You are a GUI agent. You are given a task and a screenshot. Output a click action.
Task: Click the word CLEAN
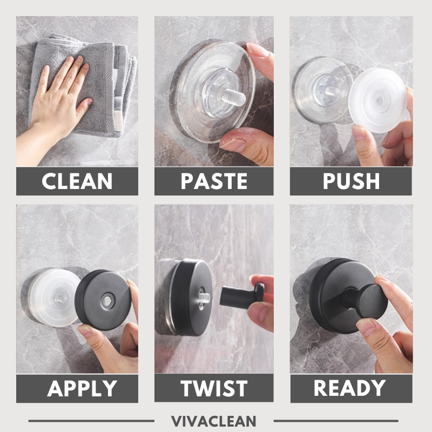[77, 181]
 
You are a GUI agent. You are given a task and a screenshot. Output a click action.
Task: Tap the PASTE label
[214, 181]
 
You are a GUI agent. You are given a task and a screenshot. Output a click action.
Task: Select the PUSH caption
[350, 181]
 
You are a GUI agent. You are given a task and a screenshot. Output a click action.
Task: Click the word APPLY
[77, 388]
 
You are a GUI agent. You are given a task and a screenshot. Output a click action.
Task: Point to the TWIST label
[214, 388]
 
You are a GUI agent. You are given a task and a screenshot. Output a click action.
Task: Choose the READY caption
[350, 388]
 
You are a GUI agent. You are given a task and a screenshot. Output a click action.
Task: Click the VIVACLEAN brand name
[214, 421]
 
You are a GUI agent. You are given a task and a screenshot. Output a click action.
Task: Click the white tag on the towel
[118, 116]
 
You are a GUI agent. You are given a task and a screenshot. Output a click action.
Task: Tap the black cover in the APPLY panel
[103, 300]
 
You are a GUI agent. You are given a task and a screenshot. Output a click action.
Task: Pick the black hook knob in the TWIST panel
[240, 294]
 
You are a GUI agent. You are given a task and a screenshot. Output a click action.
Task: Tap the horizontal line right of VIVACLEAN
[335, 421]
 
